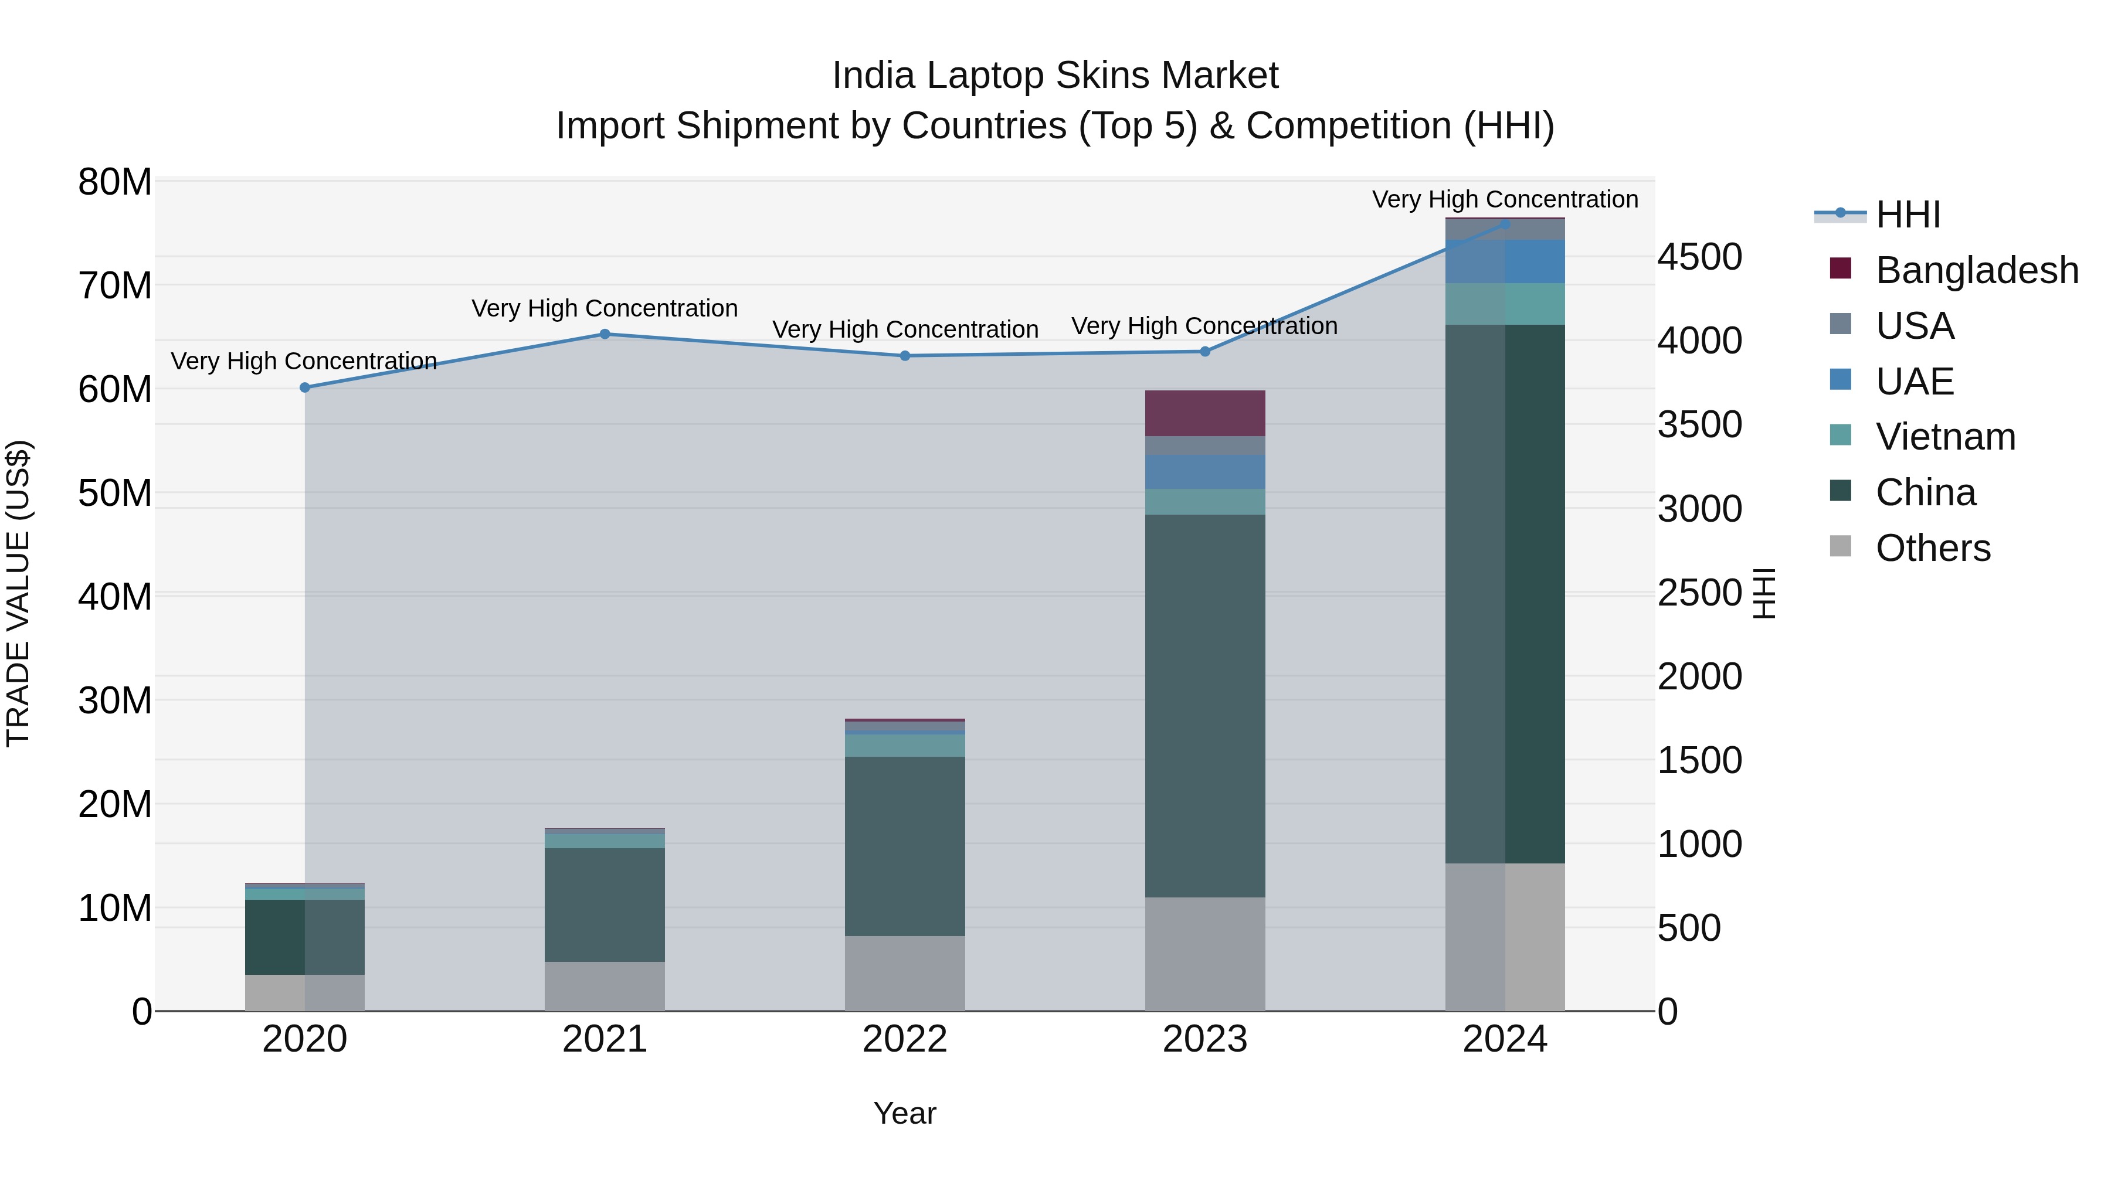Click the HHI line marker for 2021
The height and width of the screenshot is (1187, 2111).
click(x=605, y=334)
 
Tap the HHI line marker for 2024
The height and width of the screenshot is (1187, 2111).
click(x=1505, y=224)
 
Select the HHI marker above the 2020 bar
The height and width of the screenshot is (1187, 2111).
click(x=305, y=387)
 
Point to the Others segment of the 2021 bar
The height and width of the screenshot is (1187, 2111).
click(x=605, y=987)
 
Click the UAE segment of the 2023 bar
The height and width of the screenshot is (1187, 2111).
click(x=1204, y=472)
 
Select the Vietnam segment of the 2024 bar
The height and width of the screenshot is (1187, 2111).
click(x=1505, y=304)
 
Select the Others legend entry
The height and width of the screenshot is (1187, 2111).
click(x=1932, y=548)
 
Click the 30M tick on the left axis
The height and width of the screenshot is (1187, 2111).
click(x=115, y=700)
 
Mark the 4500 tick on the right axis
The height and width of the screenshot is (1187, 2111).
click(x=1699, y=257)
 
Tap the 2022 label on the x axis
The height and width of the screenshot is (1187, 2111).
click(x=905, y=1039)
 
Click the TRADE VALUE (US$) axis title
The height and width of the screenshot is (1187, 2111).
click(x=18, y=593)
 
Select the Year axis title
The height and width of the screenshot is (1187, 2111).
click(x=905, y=1113)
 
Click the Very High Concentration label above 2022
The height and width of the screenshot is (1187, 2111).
click(x=905, y=329)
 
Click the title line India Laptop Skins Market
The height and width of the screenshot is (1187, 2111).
click(x=1055, y=76)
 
